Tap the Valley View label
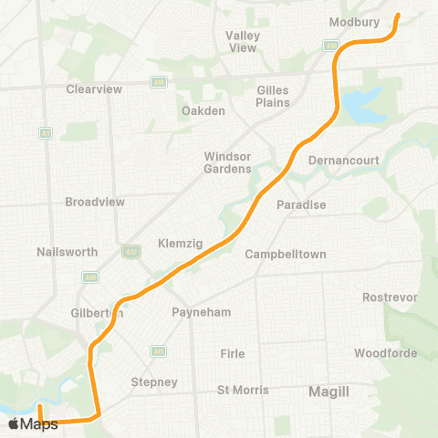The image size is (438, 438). point(243,41)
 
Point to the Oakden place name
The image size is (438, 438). point(203,111)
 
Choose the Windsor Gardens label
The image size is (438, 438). point(227,162)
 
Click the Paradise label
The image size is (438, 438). point(301,204)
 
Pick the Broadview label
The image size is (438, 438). point(95,201)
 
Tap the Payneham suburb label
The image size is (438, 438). point(202,312)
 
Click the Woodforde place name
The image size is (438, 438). point(386,353)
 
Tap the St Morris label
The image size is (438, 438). point(243,390)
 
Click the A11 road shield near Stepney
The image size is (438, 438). point(159,349)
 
